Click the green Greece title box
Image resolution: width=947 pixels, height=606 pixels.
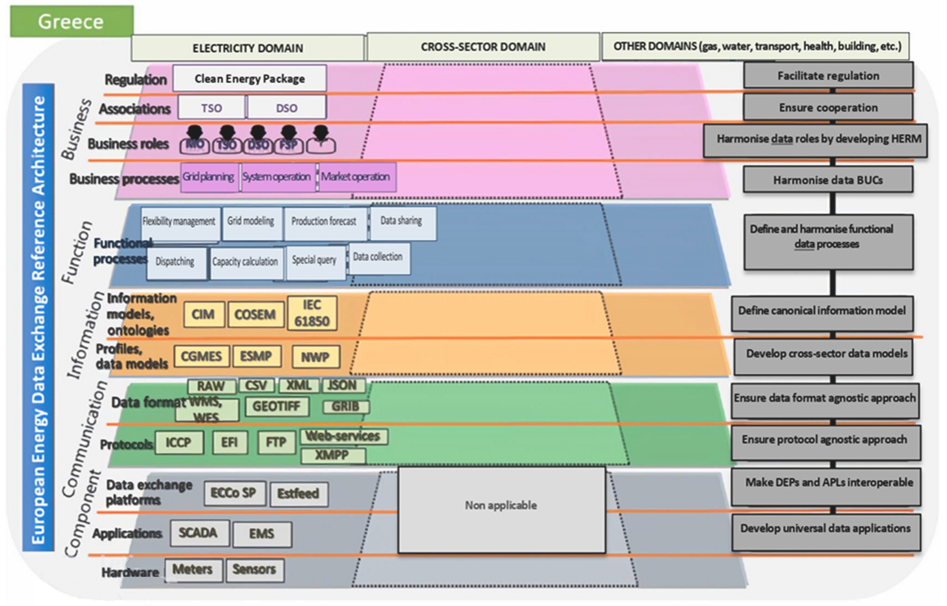[x=72, y=21]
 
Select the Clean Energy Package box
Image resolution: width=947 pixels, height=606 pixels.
[x=249, y=79]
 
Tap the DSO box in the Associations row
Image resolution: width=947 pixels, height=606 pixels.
[x=287, y=108]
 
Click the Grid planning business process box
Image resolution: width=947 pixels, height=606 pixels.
[x=209, y=177]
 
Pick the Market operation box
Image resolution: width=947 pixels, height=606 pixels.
[x=356, y=177]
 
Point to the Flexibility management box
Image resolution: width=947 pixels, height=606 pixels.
[x=179, y=222]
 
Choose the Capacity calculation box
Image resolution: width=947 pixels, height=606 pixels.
[x=245, y=262]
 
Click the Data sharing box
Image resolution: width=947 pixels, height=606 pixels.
[x=402, y=222]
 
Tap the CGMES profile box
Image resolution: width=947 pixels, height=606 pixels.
[x=201, y=357]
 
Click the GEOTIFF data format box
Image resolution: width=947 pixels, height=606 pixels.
[x=277, y=406]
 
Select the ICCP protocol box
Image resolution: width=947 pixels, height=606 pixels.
[x=179, y=443]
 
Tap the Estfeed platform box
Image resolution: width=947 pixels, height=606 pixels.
[x=298, y=494]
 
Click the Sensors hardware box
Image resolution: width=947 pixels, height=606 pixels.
[x=254, y=570]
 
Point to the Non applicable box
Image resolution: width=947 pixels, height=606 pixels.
[x=501, y=510]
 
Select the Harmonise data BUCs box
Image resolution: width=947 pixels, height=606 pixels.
[x=828, y=180]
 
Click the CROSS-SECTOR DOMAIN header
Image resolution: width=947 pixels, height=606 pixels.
[x=483, y=47]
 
